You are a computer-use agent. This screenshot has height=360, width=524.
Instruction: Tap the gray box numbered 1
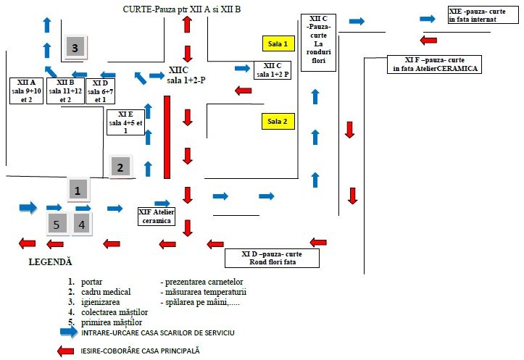point(78,189)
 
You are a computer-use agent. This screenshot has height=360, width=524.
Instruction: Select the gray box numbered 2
point(121,167)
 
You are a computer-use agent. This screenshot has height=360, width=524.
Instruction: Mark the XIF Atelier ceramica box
point(157,216)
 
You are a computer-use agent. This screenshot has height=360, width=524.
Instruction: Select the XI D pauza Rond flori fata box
point(280,258)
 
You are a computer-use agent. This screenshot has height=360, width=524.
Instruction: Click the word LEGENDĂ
point(50,260)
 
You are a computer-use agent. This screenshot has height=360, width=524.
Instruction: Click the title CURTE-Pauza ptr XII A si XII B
point(191,8)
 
